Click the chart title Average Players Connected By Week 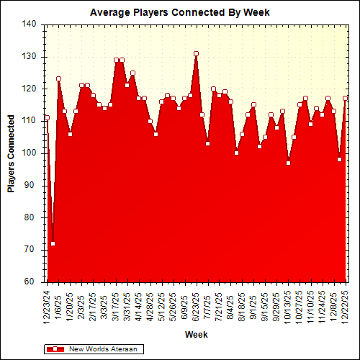tap(189, 12)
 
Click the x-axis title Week tap(196, 335)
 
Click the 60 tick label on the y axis tap(31, 282)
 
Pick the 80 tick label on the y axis tap(31, 217)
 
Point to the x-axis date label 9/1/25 tap(253, 306)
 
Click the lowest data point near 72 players tap(53, 243)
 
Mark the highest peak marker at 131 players tap(196, 53)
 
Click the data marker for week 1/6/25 tap(58, 79)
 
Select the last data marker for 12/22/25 tap(346, 98)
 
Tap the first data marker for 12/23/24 tap(47, 117)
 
